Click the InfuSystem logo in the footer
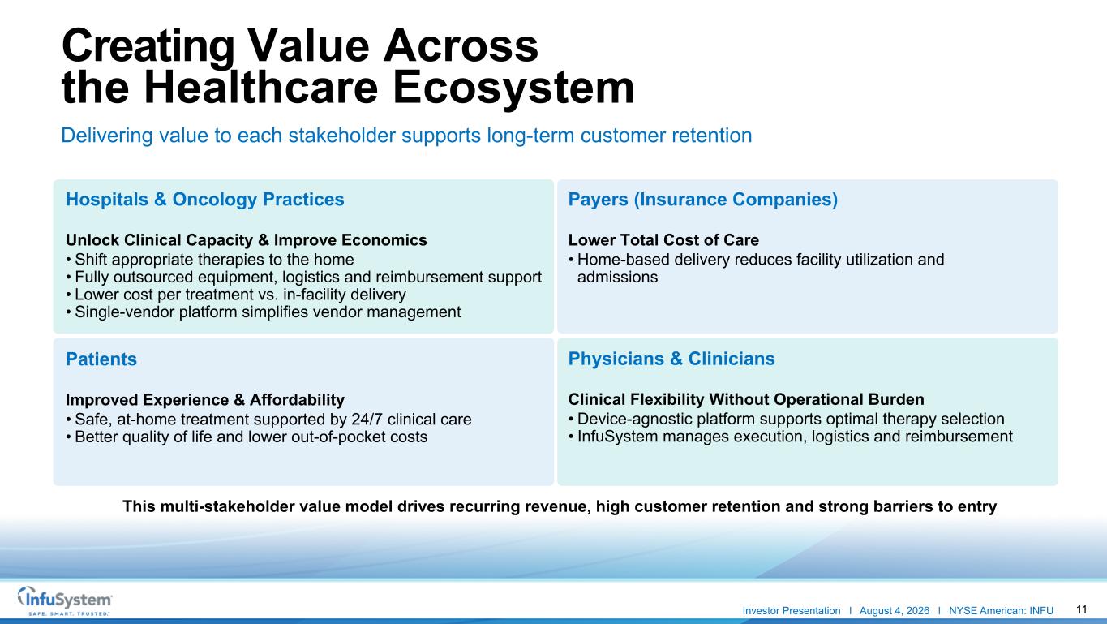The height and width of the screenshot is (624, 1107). coord(65,600)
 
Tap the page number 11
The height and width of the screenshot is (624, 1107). coord(1081,609)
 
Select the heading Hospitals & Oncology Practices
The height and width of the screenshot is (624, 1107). coord(204,200)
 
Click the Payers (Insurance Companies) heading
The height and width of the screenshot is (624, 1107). coord(703,200)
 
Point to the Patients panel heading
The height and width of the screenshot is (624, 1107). coord(101,359)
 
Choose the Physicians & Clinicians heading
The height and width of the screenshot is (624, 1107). coord(671,359)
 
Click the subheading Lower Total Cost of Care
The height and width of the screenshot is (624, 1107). coord(663,240)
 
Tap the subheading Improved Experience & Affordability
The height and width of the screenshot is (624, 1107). coord(205,399)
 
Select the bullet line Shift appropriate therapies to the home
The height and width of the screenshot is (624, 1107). coord(210,260)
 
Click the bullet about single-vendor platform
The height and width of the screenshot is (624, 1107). coord(264,312)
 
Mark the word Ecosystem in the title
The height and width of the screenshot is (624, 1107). coord(513,88)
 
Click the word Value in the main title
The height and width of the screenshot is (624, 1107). coord(308,46)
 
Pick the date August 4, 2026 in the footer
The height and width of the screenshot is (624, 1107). coord(895,611)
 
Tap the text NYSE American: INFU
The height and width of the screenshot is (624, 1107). coord(1001,611)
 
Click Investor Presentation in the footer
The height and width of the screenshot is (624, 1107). coord(792,611)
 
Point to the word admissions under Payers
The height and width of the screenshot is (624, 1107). coord(617,277)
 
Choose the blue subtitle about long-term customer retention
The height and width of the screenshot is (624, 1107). coord(406,136)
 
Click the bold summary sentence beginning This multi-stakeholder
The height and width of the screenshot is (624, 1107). coord(560,506)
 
